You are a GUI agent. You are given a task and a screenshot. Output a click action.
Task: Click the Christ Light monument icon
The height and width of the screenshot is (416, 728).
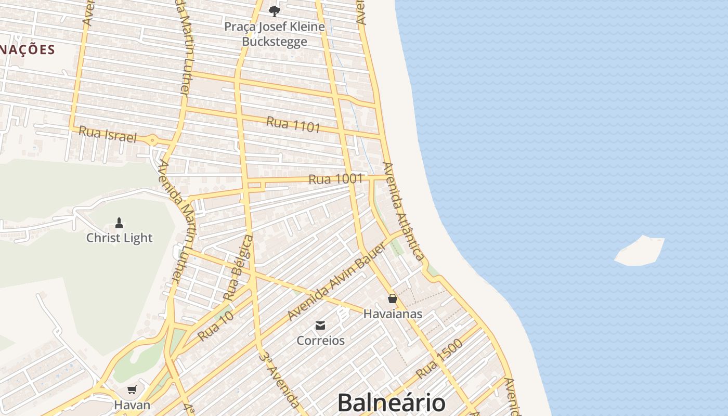(119, 224)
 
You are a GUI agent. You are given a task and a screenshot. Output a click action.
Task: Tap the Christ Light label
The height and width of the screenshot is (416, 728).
(119, 238)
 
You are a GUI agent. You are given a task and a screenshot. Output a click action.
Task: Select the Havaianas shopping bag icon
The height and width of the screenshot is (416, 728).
(393, 298)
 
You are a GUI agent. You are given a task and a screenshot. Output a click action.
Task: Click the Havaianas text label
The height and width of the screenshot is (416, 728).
(393, 314)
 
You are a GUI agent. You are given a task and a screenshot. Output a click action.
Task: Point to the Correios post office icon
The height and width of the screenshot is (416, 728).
(320, 326)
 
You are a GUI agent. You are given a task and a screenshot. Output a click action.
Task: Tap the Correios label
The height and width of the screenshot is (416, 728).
(320, 341)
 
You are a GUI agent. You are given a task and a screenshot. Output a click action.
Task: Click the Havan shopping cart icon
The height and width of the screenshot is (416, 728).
(132, 389)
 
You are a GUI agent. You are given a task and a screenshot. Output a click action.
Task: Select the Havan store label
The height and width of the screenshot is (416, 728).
(132, 405)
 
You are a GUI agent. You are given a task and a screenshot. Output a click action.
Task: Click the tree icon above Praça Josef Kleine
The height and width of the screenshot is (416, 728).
(275, 11)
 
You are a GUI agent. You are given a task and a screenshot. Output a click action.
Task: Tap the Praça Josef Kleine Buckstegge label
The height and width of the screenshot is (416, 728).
(275, 34)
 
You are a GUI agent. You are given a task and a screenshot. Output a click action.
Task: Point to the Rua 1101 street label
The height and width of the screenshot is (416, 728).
(293, 124)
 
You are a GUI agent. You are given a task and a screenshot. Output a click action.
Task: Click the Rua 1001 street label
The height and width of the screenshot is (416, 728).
(335, 179)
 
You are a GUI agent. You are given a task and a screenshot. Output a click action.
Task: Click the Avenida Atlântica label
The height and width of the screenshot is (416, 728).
(403, 211)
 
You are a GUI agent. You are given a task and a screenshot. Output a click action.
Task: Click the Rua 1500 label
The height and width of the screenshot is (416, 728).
(439, 359)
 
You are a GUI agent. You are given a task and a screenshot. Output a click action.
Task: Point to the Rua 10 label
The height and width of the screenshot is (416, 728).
(215, 327)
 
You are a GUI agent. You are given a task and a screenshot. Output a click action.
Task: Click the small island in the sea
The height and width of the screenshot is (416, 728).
(640, 251)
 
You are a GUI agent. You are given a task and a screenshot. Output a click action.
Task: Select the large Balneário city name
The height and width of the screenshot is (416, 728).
(391, 403)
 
